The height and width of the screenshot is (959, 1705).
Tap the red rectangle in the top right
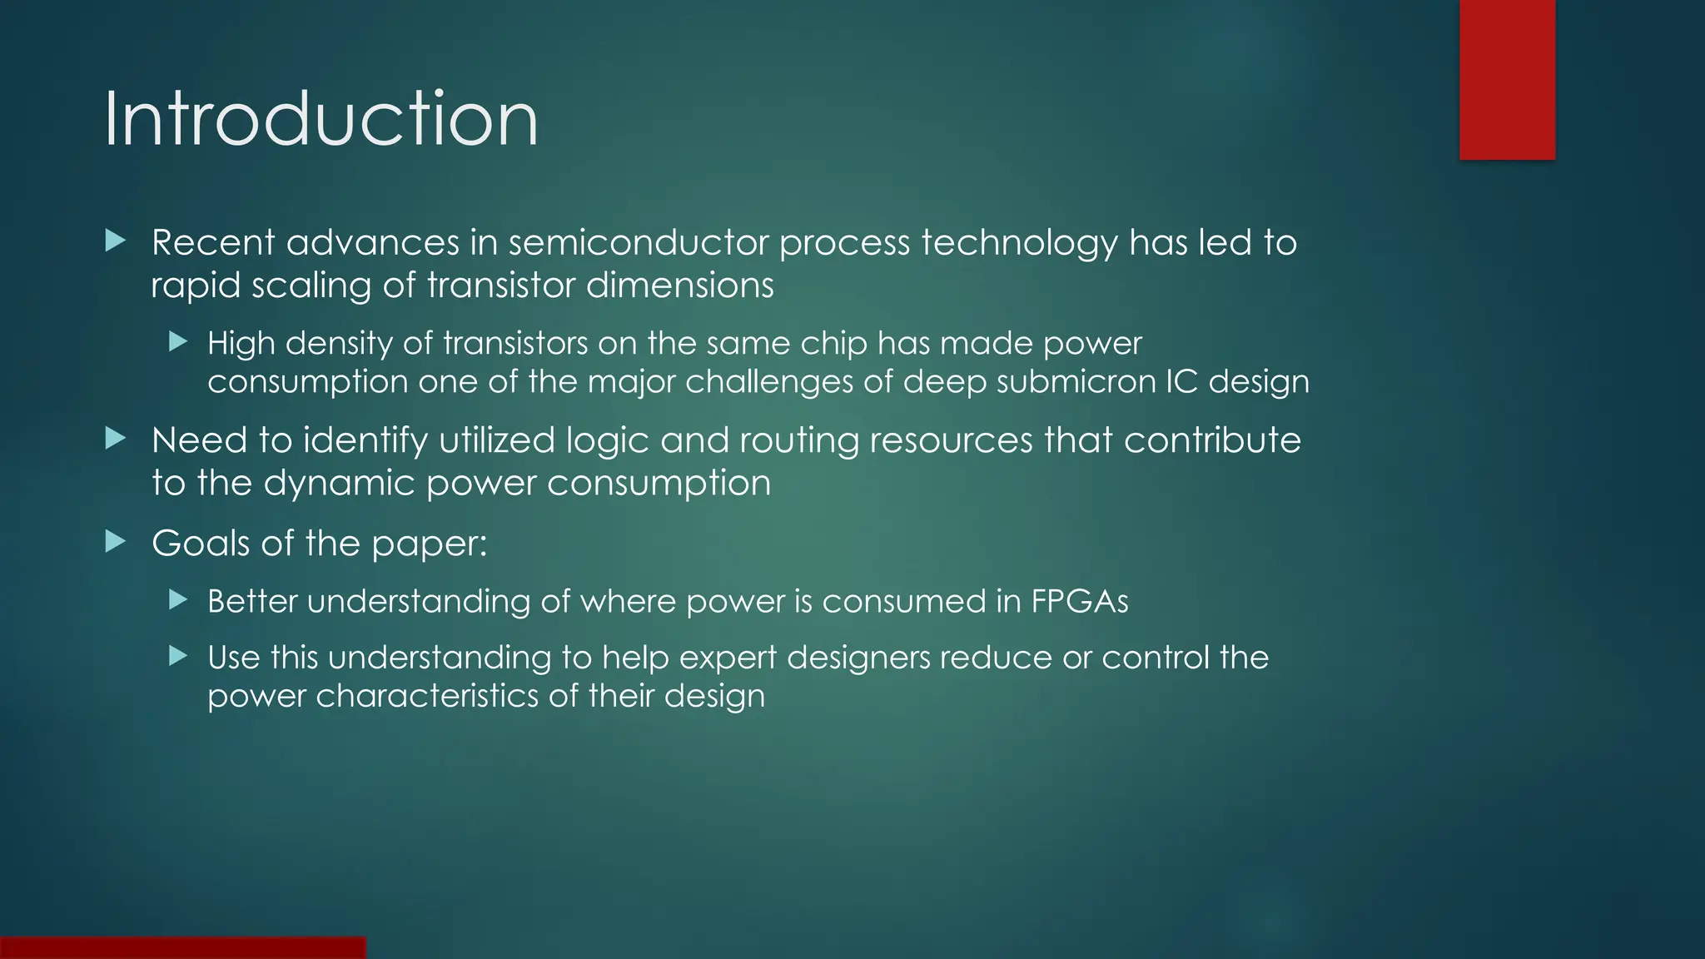point(1507,80)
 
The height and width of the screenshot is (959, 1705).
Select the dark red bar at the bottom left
point(182,947)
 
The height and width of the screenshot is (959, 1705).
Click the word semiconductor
point(639,242)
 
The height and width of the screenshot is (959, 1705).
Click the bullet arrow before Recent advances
point(116,241)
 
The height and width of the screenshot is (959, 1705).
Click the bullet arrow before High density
point(178,341)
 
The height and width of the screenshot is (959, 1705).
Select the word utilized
point(496,440)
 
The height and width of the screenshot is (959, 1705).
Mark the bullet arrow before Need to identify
point(116,439)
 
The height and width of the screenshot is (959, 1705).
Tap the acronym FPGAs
point(1080,601)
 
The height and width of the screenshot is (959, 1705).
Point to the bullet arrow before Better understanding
point(178,599)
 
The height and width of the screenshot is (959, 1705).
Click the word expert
point(728,658)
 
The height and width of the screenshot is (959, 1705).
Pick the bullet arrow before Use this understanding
point(178,656)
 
